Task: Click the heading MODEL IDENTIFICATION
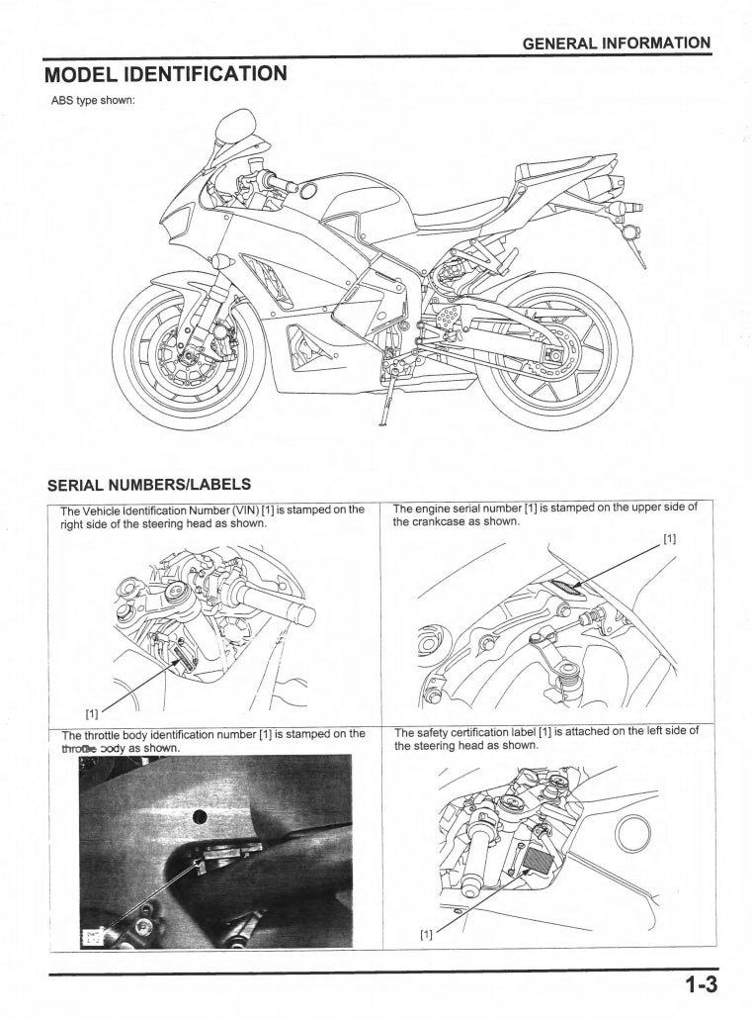coord(166,74)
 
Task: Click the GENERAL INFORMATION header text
coord(616,43)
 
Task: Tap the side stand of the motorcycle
coord(388,401)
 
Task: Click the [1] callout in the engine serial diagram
coord(669,539)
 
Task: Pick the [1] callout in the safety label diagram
coord(426,933)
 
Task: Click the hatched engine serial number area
coord(567,589)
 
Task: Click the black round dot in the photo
coord(199,815)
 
